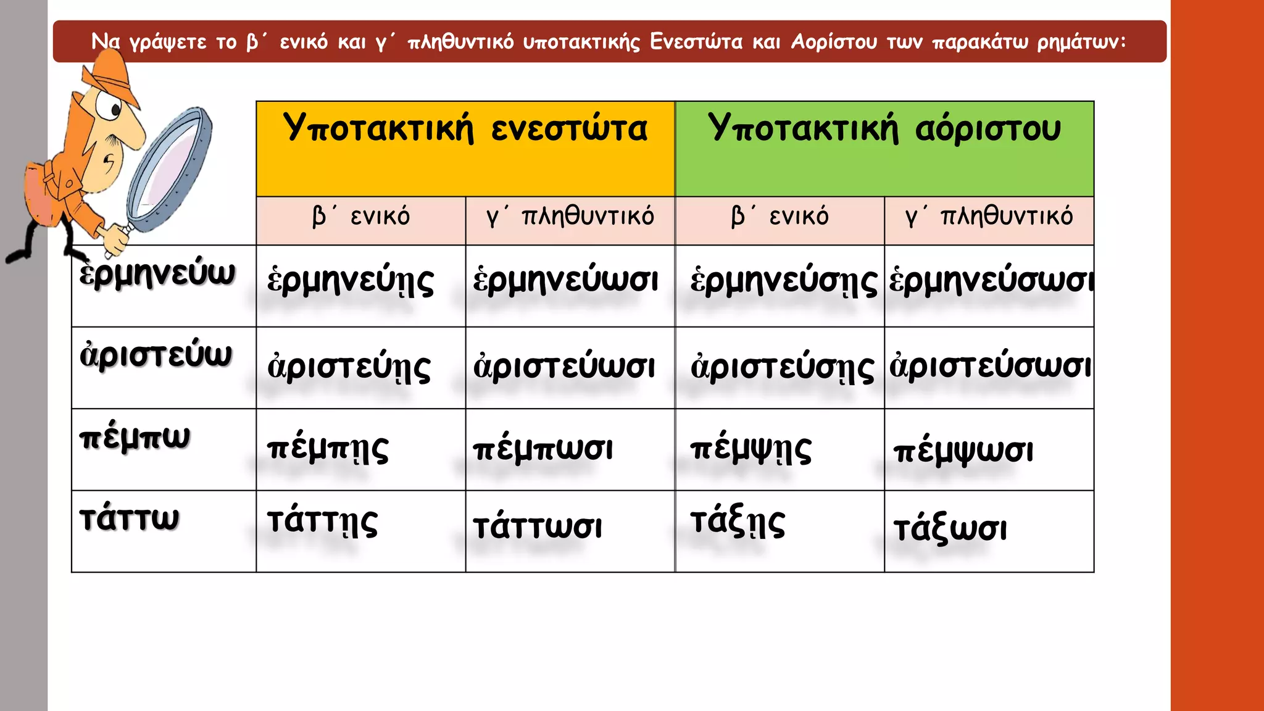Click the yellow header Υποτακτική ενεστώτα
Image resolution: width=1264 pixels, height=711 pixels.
[x=465, y=129]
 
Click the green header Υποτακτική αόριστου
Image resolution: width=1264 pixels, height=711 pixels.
[x=884, y=129]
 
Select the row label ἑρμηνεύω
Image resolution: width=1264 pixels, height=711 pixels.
[x=157, y=274]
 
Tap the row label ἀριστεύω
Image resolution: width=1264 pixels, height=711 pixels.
[x=156, y=355]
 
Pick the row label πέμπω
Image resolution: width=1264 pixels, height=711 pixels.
[x=135, y=438]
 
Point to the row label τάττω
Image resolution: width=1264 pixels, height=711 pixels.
[x=130, y=518]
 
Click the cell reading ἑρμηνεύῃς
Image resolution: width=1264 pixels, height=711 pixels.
[x=351, y=281]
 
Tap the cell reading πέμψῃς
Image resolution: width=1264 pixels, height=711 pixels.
[x=750, y=449]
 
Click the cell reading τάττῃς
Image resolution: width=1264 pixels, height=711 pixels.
[x=322, y=522]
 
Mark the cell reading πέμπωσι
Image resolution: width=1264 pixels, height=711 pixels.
[x=543, y=449]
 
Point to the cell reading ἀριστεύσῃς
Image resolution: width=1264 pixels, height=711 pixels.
[x=783, y=368]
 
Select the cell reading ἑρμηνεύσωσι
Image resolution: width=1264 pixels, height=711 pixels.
[x=990, y=281]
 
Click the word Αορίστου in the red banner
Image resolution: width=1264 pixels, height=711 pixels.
[x=834, y=42]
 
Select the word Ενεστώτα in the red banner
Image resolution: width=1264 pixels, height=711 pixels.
[x=696, y=42]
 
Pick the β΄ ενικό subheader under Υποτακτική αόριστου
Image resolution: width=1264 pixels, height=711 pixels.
[x=780, y=217]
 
